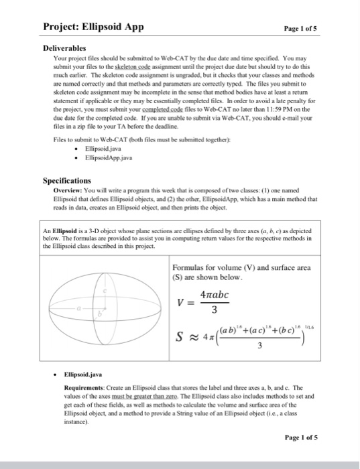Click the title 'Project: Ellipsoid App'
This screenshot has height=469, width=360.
pos(93,27)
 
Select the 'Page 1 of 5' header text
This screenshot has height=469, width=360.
pos(304,29)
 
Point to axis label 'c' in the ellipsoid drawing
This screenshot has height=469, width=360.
pos(105,291)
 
